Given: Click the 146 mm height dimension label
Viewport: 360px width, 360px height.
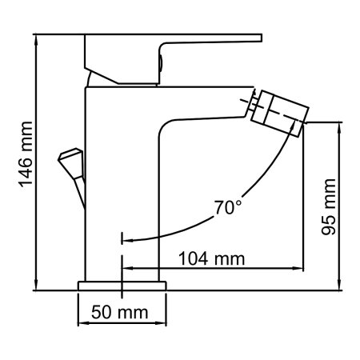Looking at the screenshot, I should (x=25, y=161).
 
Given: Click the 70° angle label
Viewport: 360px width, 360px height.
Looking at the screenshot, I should (x=227, y=209).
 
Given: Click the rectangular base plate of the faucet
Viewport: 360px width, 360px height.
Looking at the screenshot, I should (x=121, y=285).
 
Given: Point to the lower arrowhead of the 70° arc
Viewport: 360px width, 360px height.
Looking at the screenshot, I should (x=126, y=238).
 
